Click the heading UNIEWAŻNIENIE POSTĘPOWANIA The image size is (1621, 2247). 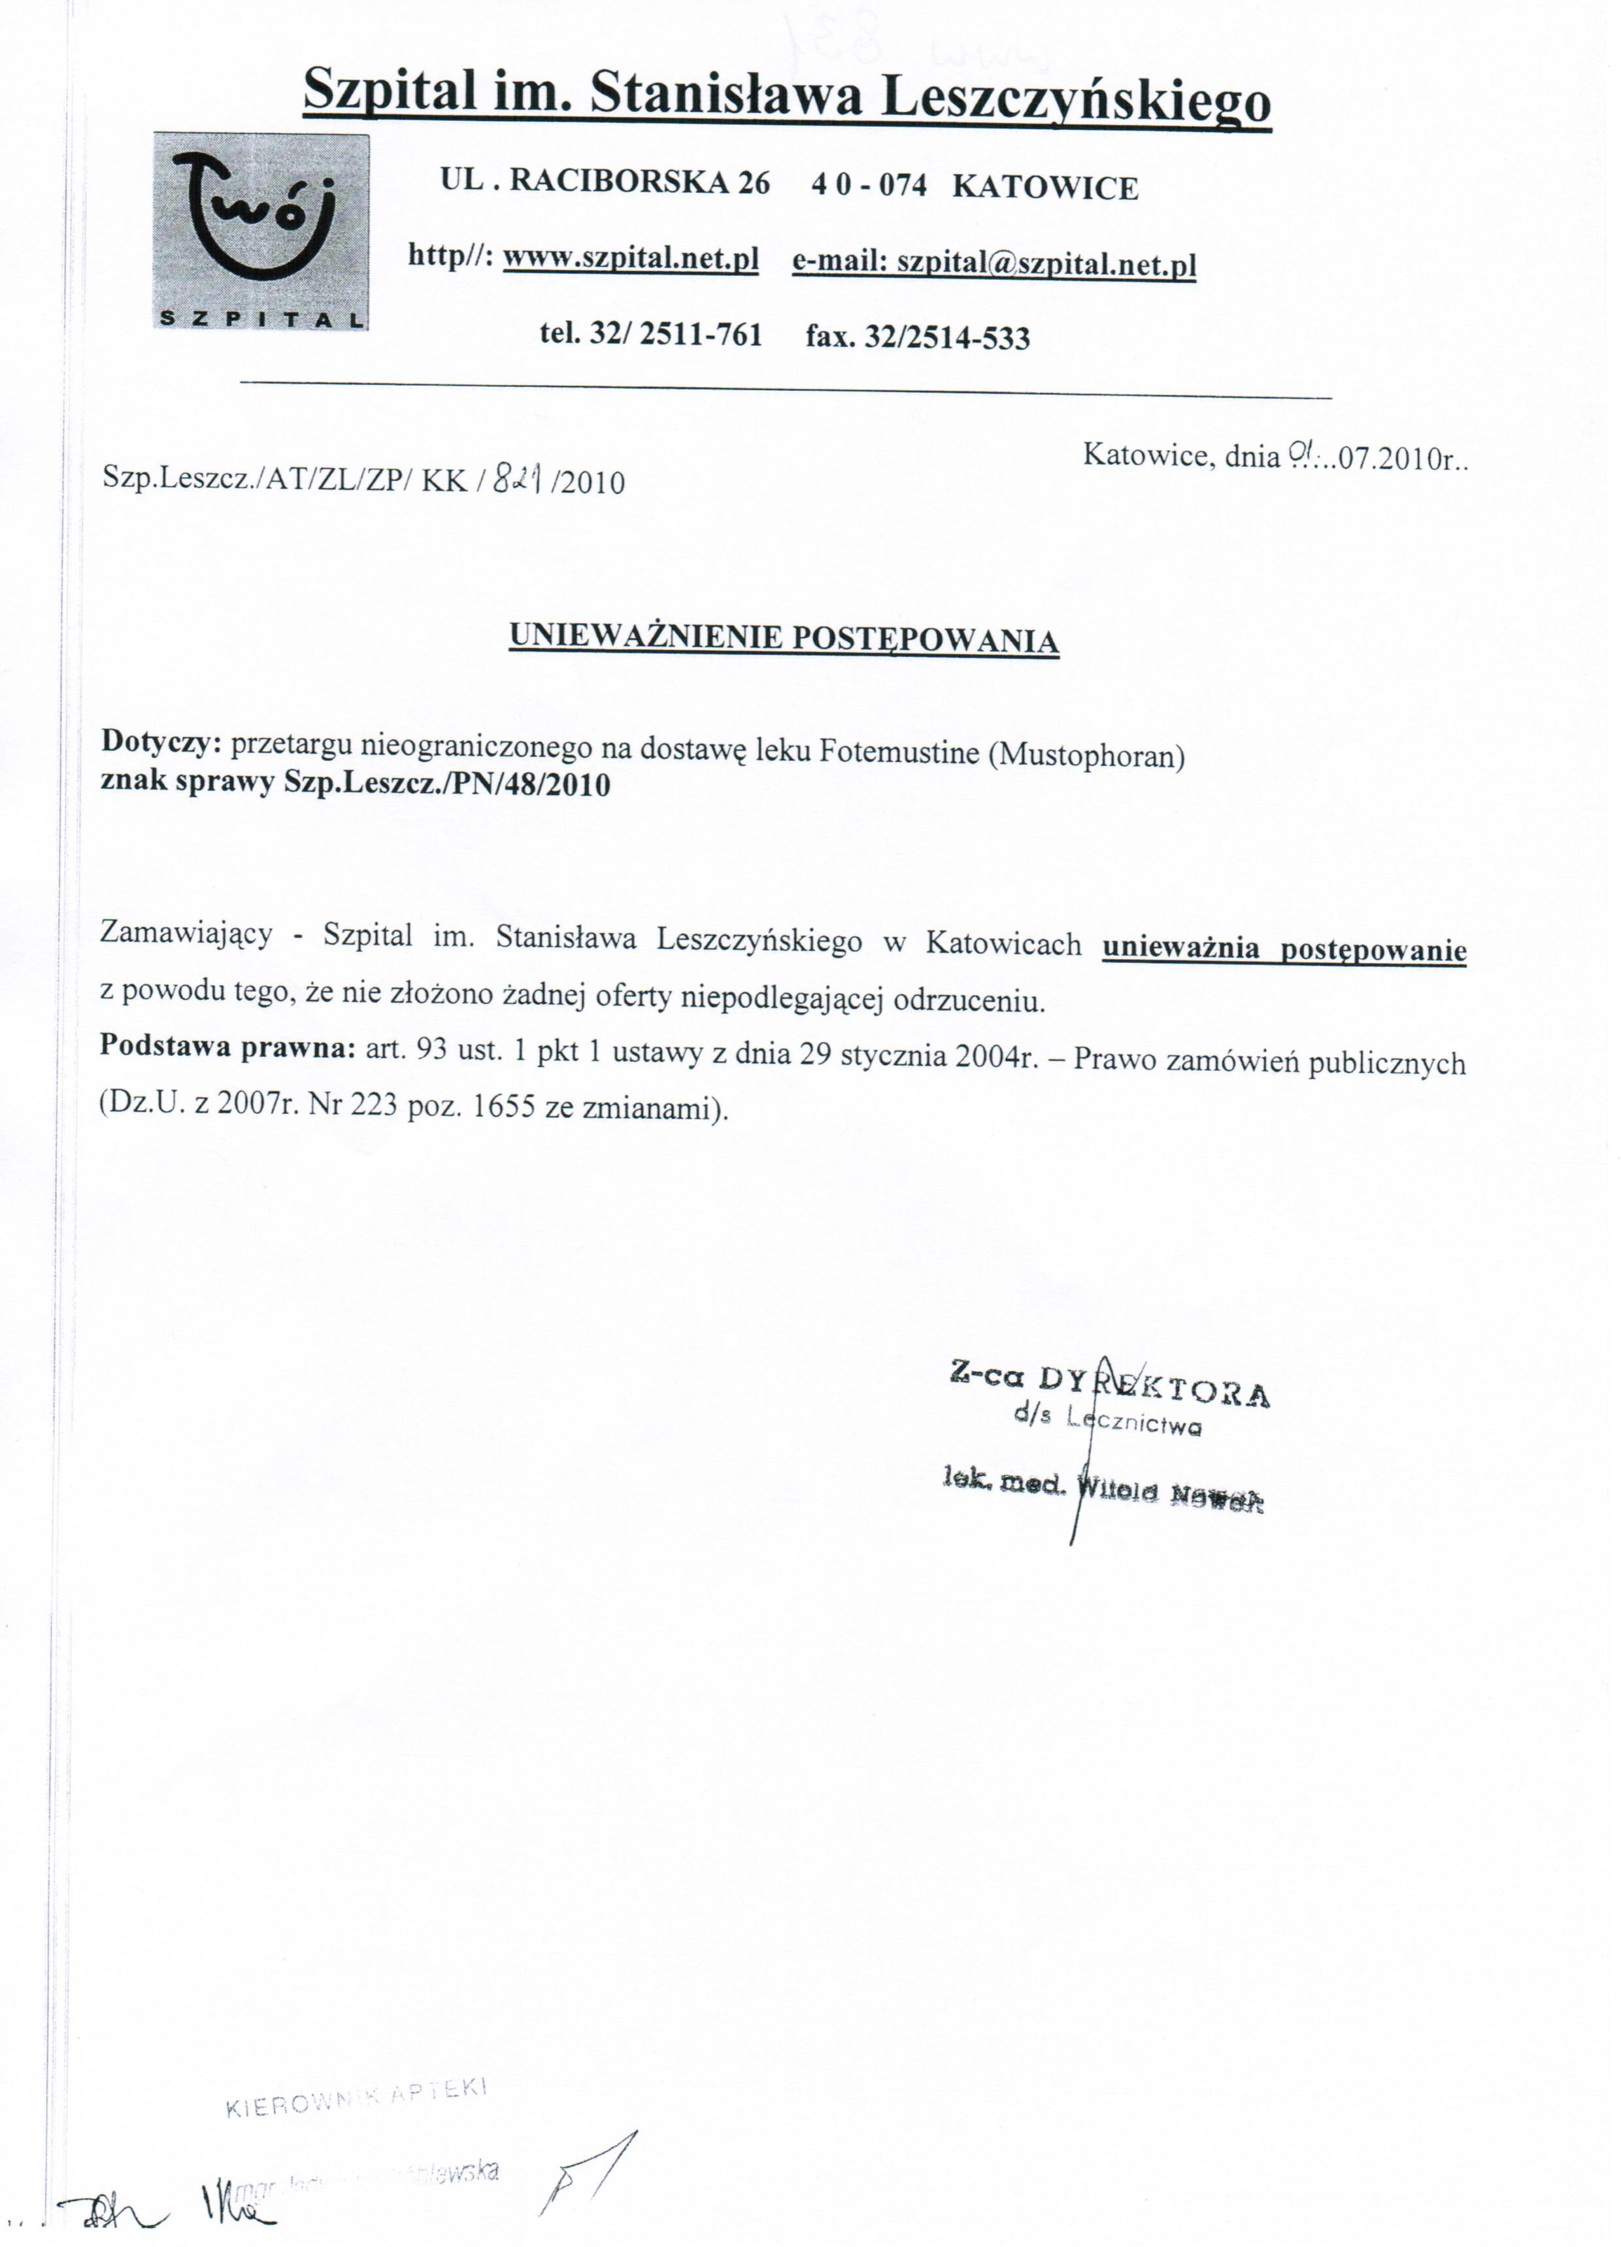coord(784,638)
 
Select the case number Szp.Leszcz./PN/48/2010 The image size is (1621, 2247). coord(447,785)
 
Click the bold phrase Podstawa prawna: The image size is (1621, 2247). coord(227,1047)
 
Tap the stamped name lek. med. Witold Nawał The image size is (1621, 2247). coord(1103,1492)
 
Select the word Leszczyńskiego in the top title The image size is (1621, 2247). coord(1075,99)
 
